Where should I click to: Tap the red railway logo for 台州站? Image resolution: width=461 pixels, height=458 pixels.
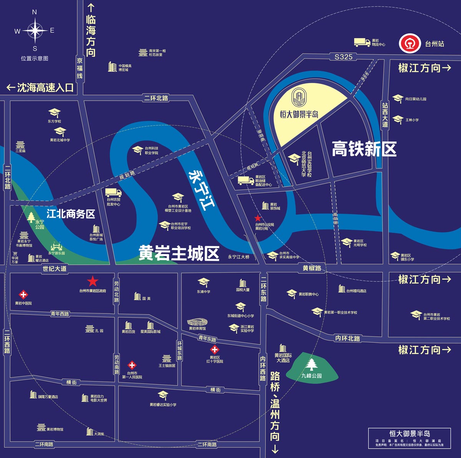[x=409, y=43]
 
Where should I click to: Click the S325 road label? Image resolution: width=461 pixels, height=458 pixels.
[x=343, y=57]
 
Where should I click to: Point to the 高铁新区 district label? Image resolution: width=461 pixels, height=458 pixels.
[x=364, y=149]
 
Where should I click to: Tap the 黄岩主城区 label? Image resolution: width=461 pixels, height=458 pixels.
[x=179, y=253]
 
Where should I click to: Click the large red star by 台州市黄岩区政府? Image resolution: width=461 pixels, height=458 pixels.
[x=93, y=281]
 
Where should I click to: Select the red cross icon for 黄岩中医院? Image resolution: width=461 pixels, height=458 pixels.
[x=23, y=295]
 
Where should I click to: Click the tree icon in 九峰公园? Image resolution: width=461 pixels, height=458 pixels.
[x=311, y=364]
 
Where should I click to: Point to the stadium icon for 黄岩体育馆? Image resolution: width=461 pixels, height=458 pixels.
[x=197, y=322]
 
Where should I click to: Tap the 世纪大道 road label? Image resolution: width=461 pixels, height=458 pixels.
[x=55, y=269]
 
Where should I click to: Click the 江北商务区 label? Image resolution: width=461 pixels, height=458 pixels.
[x=71, y=214]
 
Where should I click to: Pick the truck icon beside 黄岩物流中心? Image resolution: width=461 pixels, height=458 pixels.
[x=362, y=42]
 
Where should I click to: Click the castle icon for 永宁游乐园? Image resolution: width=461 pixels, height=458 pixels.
[x=56, y=246]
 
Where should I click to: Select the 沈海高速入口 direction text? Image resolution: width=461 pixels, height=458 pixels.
[x=40, y=88]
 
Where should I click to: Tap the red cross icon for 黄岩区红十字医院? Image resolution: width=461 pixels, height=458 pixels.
[x=214, y=350]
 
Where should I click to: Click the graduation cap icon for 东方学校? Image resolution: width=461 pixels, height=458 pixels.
[x=54, y=113]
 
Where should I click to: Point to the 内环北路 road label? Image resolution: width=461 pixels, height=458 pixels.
[x=348, y=338]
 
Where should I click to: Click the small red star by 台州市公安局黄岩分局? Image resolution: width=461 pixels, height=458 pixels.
[x=258, y=218]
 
